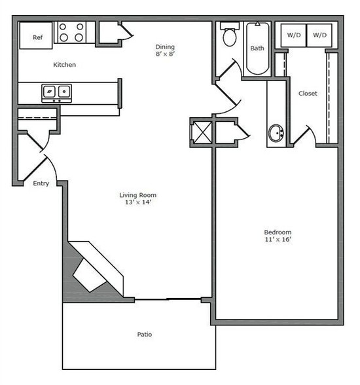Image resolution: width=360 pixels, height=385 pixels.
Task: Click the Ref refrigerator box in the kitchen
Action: tap(37, 37)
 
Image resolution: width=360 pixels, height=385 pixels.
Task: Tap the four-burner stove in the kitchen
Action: tap(71, 33)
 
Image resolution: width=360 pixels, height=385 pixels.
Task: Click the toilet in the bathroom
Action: tap(230, 37)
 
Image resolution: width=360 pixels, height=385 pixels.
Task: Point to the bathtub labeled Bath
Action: tap(257, 47)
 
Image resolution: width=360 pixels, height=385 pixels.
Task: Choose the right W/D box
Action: tap(319, 34)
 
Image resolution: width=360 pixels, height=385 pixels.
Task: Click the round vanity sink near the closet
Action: tap(276, 134)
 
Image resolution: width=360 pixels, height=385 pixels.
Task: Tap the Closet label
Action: tap(308, 94)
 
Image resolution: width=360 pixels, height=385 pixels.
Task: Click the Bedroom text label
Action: tap(278, 232)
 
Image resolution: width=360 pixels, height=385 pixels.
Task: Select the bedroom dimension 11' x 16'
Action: tap(278, 240)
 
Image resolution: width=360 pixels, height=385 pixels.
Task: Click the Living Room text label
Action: tap(137, 195)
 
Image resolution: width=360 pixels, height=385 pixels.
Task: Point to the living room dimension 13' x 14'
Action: tap(137, 203)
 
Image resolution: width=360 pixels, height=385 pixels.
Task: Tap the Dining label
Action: tap(165, 46)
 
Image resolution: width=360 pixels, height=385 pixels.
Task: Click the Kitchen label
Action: tap(64, 65)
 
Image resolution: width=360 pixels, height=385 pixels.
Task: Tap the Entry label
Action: tap(41, 184)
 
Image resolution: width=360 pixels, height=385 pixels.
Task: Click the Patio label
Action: tap(145, 335)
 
